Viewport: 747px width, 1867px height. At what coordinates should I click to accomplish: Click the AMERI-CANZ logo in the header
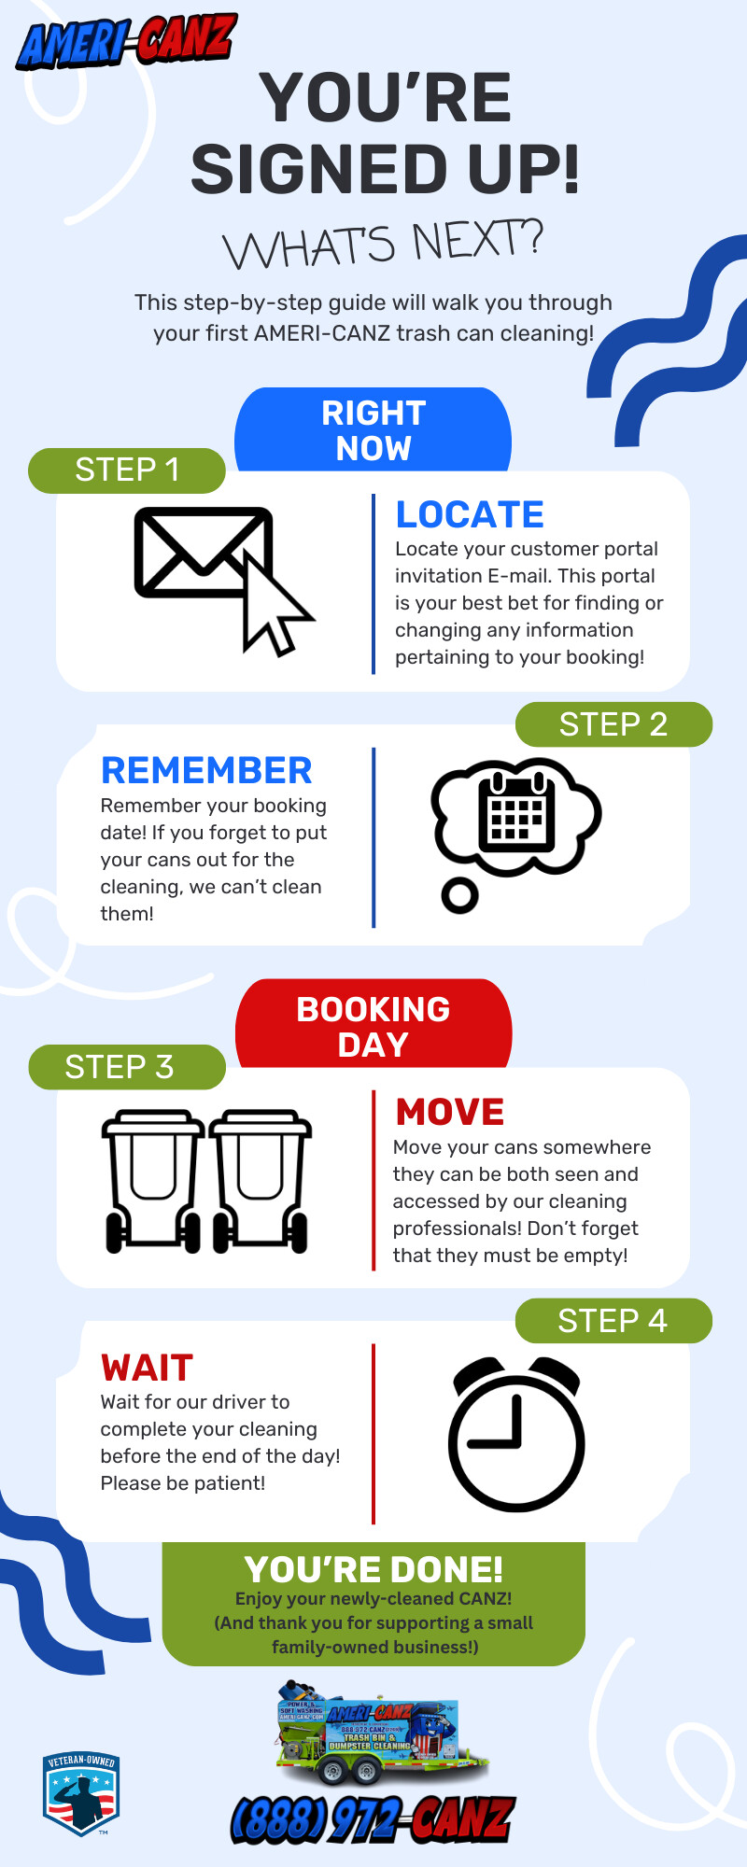click(126, 42)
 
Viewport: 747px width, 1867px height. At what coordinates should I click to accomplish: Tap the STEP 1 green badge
click(127, 470)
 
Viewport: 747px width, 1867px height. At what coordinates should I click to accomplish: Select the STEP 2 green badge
click(613, 724)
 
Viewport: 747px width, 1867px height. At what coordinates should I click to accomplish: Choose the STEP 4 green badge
click(613, 1321)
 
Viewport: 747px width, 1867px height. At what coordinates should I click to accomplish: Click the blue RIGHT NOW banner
click(373, 430)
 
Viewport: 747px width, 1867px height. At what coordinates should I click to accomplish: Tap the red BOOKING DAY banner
click(373, 1026)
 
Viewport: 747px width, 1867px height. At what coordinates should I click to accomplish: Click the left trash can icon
click(153, 1180)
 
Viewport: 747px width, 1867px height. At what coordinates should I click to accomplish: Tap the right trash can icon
click(260, 1180)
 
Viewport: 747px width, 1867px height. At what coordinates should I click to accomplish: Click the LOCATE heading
click(470, 514)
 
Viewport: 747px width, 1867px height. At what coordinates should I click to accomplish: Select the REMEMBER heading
click(206, 770)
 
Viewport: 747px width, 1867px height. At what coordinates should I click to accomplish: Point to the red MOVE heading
click(450, 1112)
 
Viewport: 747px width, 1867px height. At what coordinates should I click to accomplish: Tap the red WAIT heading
click(147, 1368)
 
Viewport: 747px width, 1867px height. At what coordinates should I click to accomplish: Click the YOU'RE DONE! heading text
click(373, 1569)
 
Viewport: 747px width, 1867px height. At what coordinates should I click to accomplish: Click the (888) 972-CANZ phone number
click(373, 1819)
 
